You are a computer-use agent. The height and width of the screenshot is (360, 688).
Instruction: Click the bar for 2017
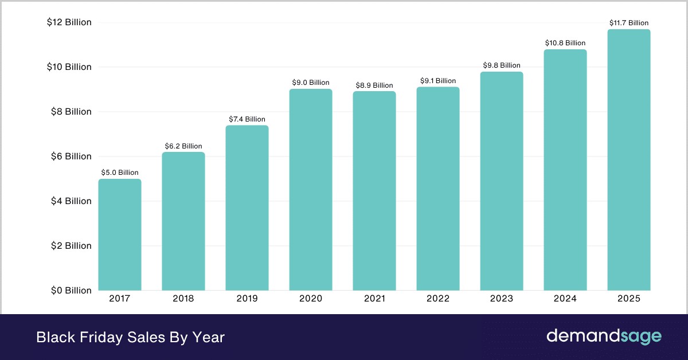pos(120,234)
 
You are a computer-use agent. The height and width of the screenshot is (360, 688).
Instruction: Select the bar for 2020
pos(311,190)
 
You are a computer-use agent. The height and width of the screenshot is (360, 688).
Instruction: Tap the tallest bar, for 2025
pos(629,160)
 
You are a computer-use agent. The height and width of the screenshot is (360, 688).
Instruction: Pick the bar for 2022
pos(438,189)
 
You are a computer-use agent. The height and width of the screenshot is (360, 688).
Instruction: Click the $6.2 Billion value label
pos(183,146)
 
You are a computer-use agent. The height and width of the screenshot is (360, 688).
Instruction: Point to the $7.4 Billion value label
pos(247,119)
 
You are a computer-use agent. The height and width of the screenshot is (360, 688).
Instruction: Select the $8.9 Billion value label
pos(374,85)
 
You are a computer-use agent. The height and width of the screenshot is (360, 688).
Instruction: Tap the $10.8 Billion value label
pos(565,43)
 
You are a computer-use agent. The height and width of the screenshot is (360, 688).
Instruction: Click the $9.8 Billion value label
pos(502,65)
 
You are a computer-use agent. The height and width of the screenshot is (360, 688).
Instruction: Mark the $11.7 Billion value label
pos(629,23)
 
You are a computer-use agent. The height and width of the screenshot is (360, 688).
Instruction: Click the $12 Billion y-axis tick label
pos(69,22)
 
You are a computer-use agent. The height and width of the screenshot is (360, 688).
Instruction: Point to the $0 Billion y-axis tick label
pos(69,290)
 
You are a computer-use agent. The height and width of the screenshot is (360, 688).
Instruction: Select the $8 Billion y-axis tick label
pos(69,112)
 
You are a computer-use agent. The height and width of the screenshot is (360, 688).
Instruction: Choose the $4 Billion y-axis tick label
pos(69,201)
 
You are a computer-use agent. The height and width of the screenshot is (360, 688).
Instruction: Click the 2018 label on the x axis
pos(183,299)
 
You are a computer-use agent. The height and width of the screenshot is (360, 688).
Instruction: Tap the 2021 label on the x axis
pos(374,299)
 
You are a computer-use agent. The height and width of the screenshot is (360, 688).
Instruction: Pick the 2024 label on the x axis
pos(565,299)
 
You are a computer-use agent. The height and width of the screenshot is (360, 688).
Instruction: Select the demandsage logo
pos(604,336)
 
